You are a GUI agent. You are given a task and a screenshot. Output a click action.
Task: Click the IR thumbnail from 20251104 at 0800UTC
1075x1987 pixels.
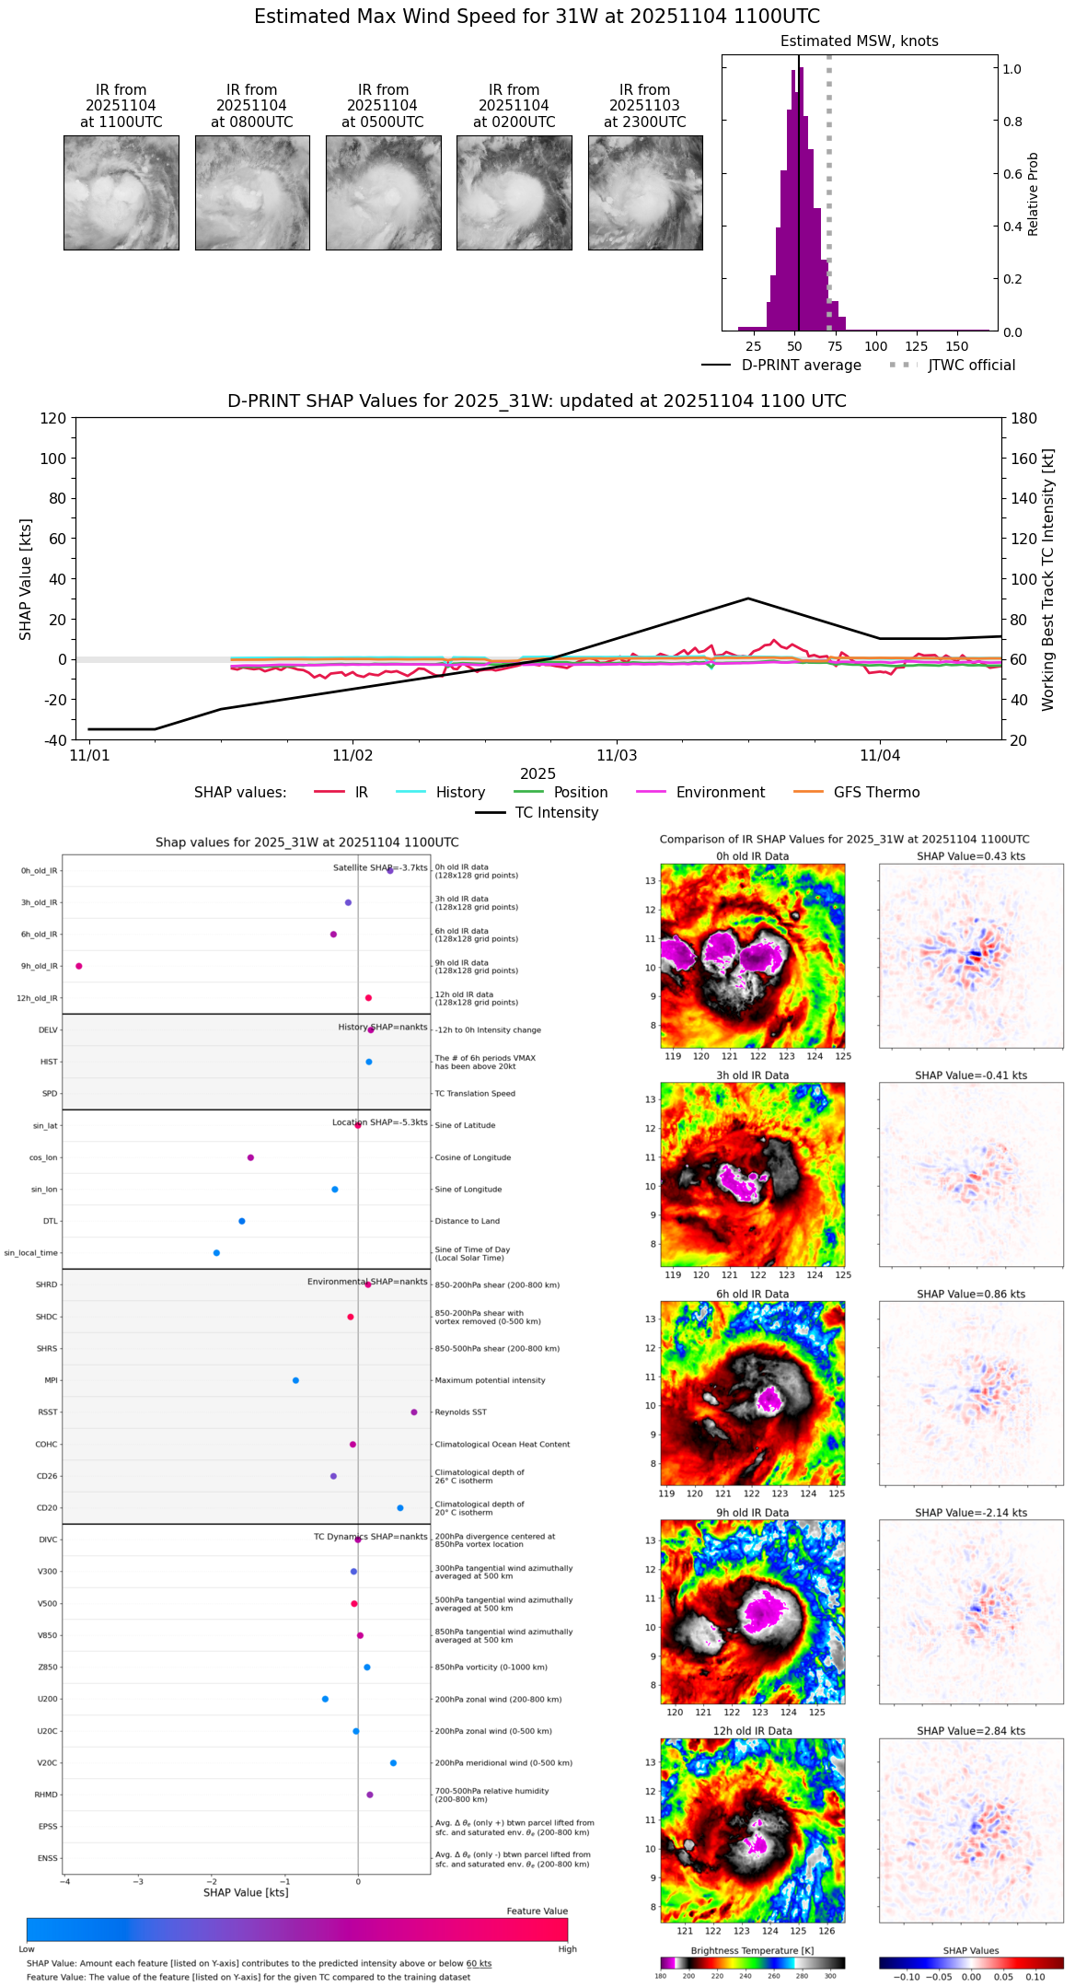[x=252, y=192]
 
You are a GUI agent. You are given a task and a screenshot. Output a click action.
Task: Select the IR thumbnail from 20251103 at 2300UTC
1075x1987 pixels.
[x=645, y=192]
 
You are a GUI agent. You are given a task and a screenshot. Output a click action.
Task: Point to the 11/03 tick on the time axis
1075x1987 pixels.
[x=617, y=755]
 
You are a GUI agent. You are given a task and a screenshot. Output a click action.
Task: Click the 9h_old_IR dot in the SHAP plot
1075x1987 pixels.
[x=79, y=966]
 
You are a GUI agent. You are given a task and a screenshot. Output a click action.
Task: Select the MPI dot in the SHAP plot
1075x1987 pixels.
[x=295, y=1380]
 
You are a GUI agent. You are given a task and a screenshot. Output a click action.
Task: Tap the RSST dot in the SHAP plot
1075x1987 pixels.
[x=414, y=1412]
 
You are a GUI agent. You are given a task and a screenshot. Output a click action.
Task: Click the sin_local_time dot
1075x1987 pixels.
[x=216, y=1253]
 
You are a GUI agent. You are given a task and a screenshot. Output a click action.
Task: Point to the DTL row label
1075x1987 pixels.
[x=51, y=1222]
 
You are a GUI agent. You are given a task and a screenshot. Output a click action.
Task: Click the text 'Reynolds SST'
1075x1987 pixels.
[x=461, y=1412]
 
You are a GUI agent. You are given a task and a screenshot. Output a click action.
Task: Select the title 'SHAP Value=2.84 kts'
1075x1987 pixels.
[x=971, y=1731]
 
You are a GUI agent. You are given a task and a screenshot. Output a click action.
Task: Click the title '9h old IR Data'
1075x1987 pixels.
[x=752, y=1513]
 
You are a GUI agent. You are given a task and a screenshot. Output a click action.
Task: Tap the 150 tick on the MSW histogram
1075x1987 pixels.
[x=957, y=346]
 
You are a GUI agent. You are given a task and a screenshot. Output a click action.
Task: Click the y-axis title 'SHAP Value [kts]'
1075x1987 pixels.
[x=26, y=579]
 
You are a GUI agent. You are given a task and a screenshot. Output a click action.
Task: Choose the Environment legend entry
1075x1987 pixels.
[x=720, y=793]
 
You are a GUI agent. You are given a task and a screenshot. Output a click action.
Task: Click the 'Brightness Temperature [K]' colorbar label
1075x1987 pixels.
[x=752, y=1950]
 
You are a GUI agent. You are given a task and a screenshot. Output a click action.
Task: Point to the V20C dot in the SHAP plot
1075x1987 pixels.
[x=393, y=1763]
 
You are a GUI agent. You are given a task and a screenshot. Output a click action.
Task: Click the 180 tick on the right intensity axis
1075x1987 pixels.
[x=1024, y=418]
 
